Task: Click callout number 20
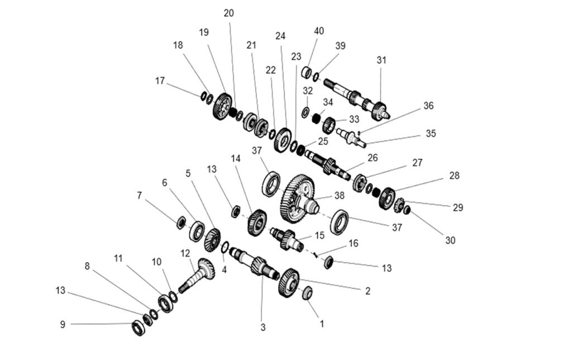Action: pyautogui.click(x=228, y=13)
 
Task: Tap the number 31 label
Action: pyautogui.click(x=382, y=60)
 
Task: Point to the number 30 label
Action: pyautogui.click(x=450, y=240)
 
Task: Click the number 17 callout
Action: pyautogui.click(x=160, y=81)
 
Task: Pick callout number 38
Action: pyautogui.click(x=339, y=196)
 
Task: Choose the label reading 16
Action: pyautogui.click(x=353, y=244)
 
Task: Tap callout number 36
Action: pyautogui.click(x=428, y=106)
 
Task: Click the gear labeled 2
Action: pyautogui.click(x=289, y=282)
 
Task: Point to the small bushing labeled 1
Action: pyautogui.click(x=307, y=293)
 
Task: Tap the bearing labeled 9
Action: pyautogui.click(x=138, y=328)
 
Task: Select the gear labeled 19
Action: pyautogui.click(x=222, y=106)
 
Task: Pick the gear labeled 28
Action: pyautogui.click(x=387, y=198)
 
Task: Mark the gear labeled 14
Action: pyautogui.click(x=257, y=222)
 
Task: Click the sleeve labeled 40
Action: pyautogui.click(x=307, y=72)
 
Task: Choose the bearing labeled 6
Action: pyautogui.click(x=197, y=231)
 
